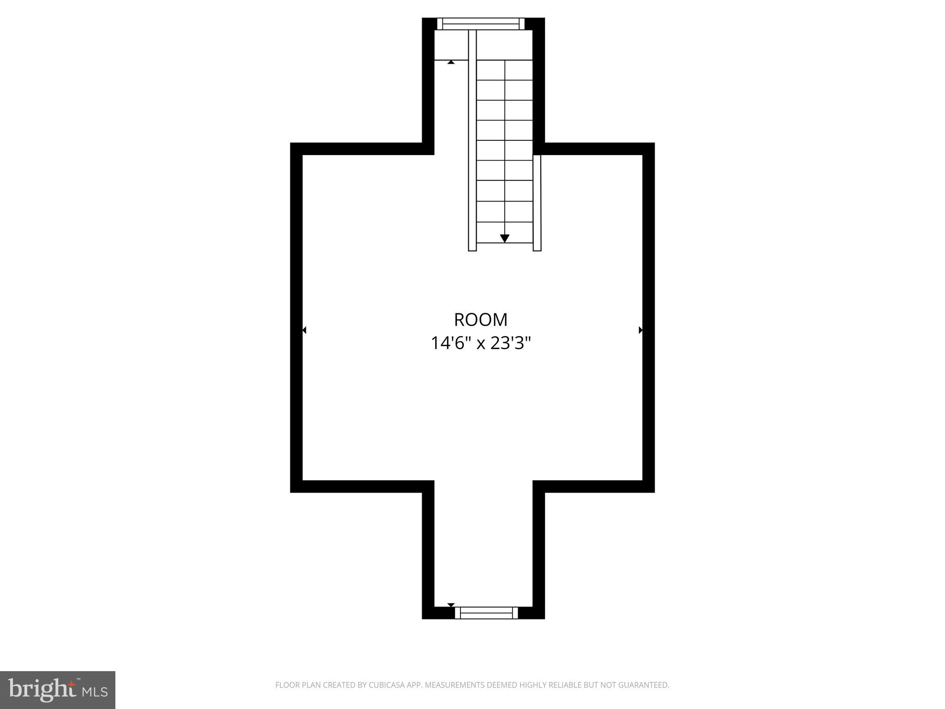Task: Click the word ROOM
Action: tap(480, 319)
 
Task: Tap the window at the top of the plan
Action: tap(480, 24)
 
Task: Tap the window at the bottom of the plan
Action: tap(486, 613)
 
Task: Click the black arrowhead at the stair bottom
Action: tap(504, 238)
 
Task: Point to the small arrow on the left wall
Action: tap(304, 330)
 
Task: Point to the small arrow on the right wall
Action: tap(640, 330)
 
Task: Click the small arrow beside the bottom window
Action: tap(451, 605)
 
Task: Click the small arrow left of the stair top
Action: tap(451, 62)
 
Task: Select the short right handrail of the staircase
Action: tap(537, 203)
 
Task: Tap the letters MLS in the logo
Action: tap(95, 692)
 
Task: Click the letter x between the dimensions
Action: tap(481, 344)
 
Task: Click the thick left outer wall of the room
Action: tap(296, 318)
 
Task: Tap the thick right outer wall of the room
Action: tap(648, 318)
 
